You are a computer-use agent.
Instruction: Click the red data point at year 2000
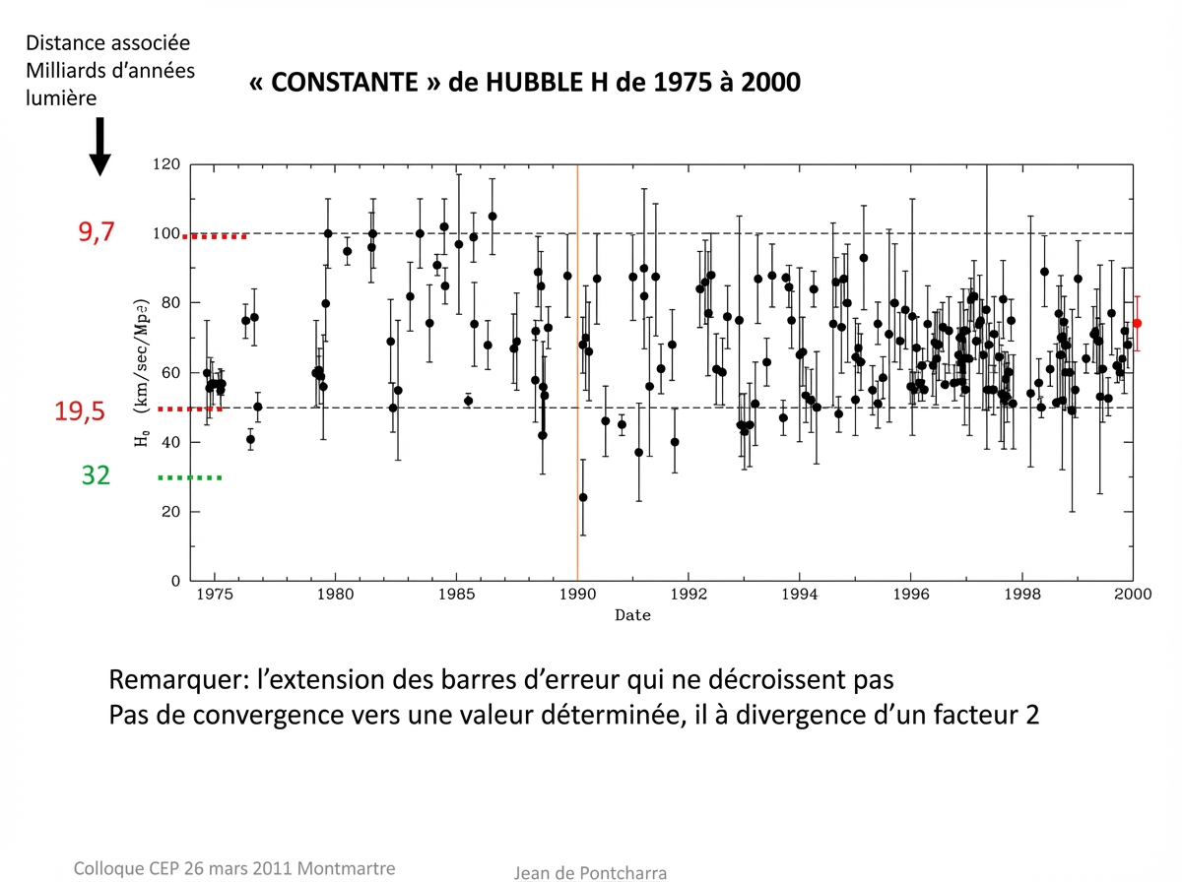click(1137, 323)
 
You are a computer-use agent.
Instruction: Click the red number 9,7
click(97, 232)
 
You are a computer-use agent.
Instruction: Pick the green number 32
click(96, 476)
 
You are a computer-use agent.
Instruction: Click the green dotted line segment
click(189, 477)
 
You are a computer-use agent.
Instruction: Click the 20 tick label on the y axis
click(171, 512)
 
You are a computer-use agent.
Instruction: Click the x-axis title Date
click(632, 615)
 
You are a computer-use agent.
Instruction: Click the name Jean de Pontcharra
click(590, 872)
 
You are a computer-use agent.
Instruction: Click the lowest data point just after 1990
click(583, 497)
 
